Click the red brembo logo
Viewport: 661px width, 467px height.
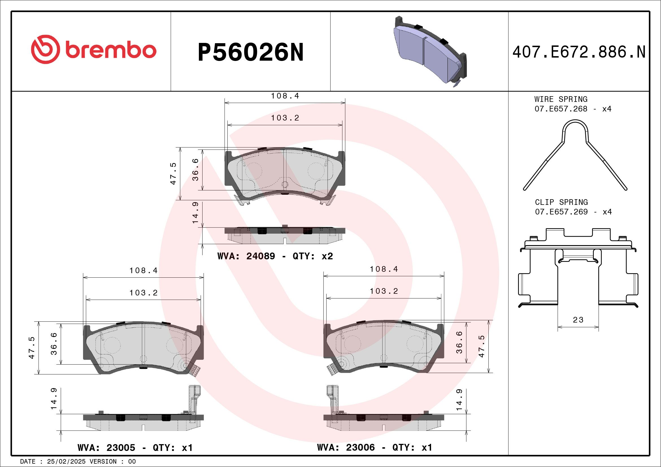pyautogui.click(x=94, y=49)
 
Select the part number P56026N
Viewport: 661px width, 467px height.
pyautogui.click(x=251, y=52)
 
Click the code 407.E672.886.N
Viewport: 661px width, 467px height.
pyautogui.click(x=579, y=52)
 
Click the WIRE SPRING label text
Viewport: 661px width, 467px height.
pyautogui.click(x=561, y=99)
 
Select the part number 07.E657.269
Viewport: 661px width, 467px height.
pyautogui.click(x=561, y=212)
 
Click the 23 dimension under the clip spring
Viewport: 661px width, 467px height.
pyautogui.click(x=578, y=320)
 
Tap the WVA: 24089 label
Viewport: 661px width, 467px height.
pyautogui.click(x=246, y=256)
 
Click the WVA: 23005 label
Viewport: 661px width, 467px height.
pyautogui.click(x=106, y=448)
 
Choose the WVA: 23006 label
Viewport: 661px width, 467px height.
pyautogui.click(x=346, y=448)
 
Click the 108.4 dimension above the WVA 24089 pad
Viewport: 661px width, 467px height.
pyautogui.click(x=285, y=96)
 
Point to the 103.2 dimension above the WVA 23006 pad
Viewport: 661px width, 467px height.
pyautogui.click(x=384, y=291)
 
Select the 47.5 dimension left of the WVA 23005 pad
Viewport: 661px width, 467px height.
pyautogui.click(x=32, y=348)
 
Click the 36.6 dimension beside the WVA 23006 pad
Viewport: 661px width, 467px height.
pyautogui.click(x=460, y=342)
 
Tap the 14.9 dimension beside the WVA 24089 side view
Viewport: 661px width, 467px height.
pyautogui.click(x=195, y=213)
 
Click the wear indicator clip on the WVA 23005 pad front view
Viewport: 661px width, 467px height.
pyautogui.click(x=195, y=371)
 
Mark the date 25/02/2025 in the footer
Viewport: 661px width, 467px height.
pyautogui.click(x=66, y=462)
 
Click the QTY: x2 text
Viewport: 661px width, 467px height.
pyautogui.click(x=313, y=256)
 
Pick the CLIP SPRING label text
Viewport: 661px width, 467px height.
pyautogui.click(x=561, y=202)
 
